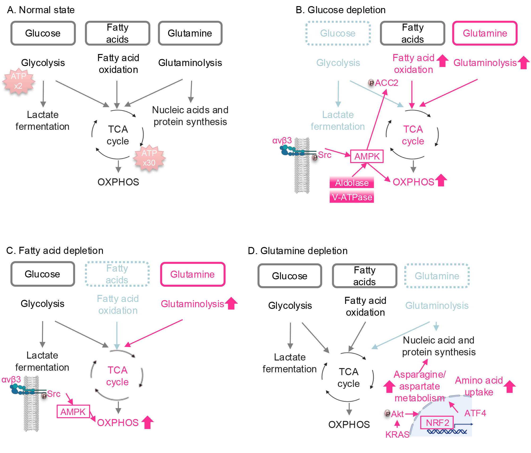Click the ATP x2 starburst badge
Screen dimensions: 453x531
18,81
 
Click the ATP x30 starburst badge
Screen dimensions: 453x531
149,158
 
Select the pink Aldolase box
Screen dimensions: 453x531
352,183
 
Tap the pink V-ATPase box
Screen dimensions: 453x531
352,197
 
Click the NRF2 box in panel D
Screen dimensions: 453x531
437,423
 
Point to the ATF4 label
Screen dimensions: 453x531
475,413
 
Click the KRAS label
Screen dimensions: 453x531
397,435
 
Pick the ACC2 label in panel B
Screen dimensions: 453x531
387,83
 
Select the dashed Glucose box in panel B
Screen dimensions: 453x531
338,33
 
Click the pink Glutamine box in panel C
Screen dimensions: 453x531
193,274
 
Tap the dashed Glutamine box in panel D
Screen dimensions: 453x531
437,276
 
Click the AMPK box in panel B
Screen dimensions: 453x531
367,156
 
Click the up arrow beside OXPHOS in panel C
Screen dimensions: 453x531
147,422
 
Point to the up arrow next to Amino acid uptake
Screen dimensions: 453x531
510,386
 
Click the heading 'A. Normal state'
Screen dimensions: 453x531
41,10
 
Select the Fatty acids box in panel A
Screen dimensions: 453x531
118,33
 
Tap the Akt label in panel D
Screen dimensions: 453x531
397,414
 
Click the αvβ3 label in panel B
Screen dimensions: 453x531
282,140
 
